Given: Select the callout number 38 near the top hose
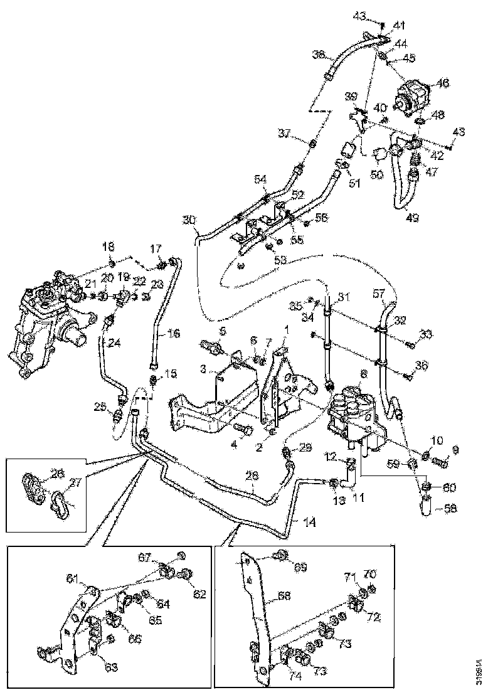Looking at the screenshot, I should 318,55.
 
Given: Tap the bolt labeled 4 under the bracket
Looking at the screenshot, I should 245,430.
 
